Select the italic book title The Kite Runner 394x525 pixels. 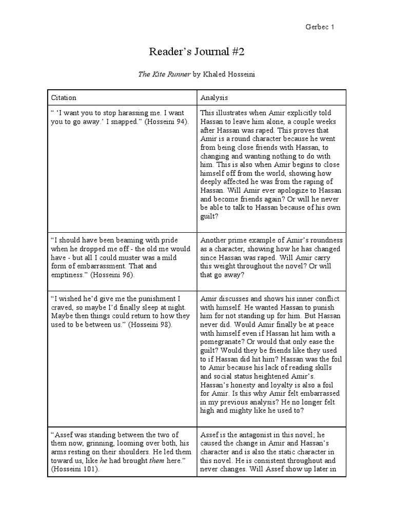tap(164, 74)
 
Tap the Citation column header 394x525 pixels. tap(64, 97)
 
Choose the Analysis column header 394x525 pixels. tap(214, 97)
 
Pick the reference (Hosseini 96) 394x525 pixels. tap(111, 275)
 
